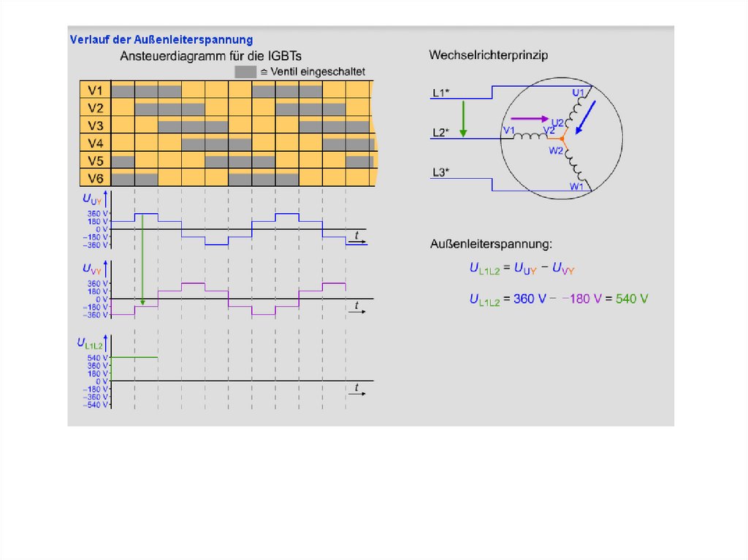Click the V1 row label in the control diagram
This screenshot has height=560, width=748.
point(95,91)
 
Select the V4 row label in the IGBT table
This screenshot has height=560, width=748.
point(95,143)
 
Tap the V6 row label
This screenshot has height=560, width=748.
point(95,178)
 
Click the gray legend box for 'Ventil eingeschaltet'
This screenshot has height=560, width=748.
point(245,72)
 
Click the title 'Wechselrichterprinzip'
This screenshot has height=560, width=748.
point(489,55)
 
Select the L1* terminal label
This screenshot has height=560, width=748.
point(440,93)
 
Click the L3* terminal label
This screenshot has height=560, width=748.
point(440,172)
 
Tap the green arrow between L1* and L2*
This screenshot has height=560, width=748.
point(462,118)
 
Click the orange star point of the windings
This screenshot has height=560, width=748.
point(561,137)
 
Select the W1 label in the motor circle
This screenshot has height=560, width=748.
point(577,186)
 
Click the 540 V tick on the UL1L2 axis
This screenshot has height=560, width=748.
point(98,358)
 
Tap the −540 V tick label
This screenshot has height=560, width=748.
point(96,404)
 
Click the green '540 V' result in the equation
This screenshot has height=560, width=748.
point(632,298)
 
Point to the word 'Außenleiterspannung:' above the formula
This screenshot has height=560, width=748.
point(491,243)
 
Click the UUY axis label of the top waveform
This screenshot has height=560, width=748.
point(93,198)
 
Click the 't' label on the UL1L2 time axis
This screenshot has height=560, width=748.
point(356,386)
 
